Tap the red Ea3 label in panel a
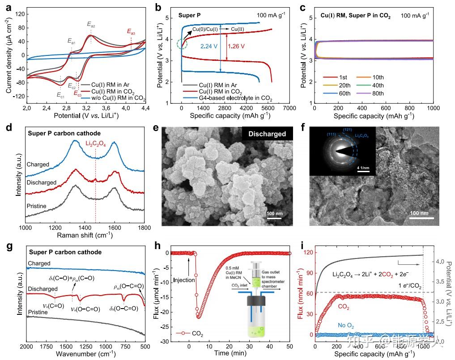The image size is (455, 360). point(131,32)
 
